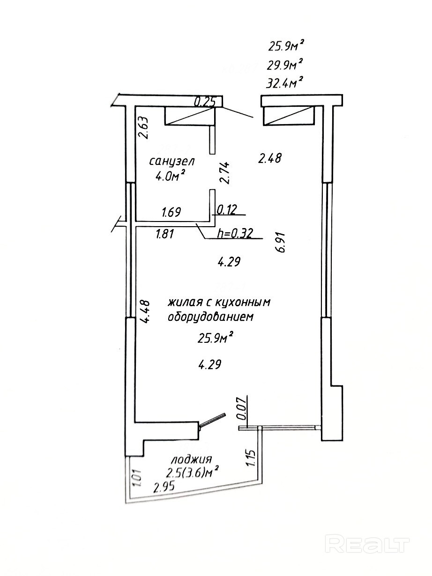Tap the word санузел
point(172,162)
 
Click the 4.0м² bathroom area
point(169,177)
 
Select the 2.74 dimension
point(225,172)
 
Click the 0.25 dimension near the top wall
point(204,101)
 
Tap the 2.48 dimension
point(270,159)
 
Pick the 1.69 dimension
point(171,212)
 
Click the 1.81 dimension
point(164,234)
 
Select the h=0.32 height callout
point(235,234)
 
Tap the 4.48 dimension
point(146,311)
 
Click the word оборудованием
point(210,317)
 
